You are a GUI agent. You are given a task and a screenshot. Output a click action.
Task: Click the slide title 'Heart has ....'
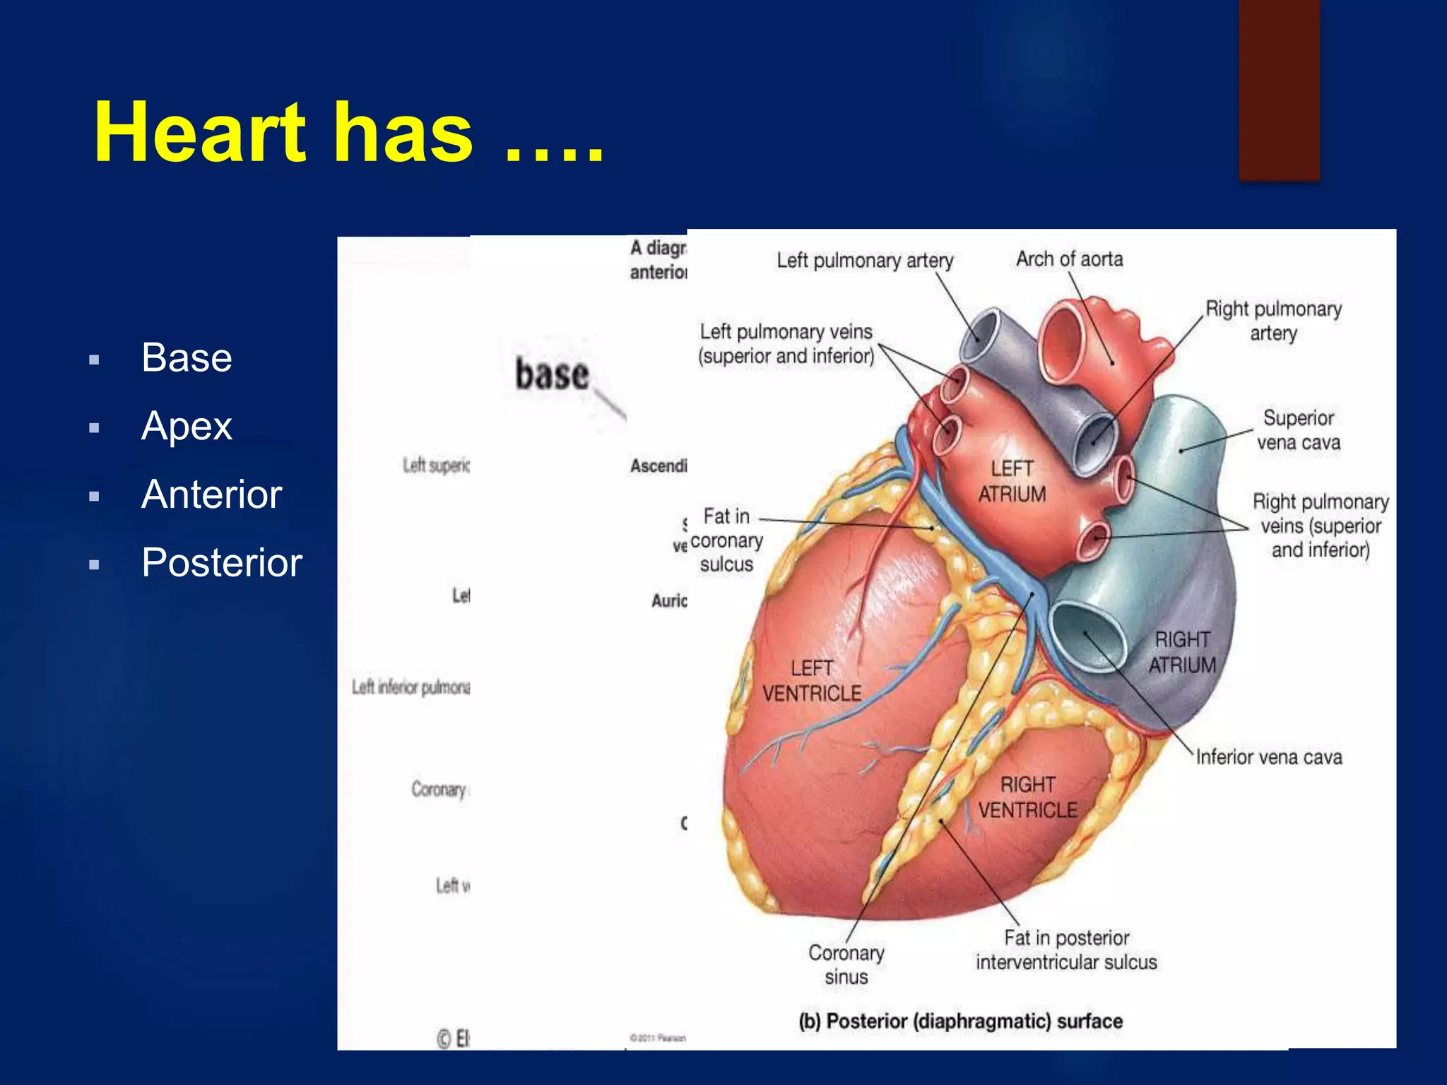pyautogui.click(x=349, y=133)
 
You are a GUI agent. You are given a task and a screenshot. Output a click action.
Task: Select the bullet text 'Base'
pyautogui.click(x=187, y=357)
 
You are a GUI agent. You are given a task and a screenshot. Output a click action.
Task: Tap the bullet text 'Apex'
pyautogui.click(x=187, y=426)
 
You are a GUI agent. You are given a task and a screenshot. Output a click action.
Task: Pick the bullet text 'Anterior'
pyautogui.click(x=211, y=494)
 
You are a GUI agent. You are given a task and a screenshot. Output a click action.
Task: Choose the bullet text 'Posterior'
pyautogui.click(x=221, y=563)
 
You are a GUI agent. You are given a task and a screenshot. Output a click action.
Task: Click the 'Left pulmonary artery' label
pyautogui.click(x=865, y=261)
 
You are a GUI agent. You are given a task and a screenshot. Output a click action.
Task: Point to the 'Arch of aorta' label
pyautogui.click(x=1069, y=259)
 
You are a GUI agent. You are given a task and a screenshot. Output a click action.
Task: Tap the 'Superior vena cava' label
pyautogui.click(x=1298, y=429)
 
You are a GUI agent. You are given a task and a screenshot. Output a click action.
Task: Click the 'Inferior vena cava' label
pyautogui.click(x=1269, y=757)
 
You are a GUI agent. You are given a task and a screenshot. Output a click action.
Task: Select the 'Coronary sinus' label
pyautogui.click(x=846, y=965)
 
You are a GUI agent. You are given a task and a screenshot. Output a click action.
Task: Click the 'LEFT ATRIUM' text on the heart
pyautogui.click(x=1012, y=481)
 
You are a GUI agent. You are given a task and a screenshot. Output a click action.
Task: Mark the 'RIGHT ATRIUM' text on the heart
pyautogui.click(x=1182, y=652)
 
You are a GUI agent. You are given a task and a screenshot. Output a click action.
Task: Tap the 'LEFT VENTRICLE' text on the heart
pyautogui.click(x=812, y=681)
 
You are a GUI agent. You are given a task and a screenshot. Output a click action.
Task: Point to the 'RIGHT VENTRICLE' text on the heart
pyautogui.click(x=1028, y=798)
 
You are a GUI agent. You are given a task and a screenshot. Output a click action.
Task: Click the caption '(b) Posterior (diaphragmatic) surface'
pyautogui.click(x=960, y=1021)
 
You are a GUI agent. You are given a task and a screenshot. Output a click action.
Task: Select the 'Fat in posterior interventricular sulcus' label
pyautogui.click(x=1066, y=950)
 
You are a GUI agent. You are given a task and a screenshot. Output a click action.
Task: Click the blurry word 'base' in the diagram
pyautogui.click(x=552, y=374)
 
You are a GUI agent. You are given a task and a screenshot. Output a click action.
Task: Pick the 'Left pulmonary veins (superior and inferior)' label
pyautogui.click(x=786, y=343)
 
